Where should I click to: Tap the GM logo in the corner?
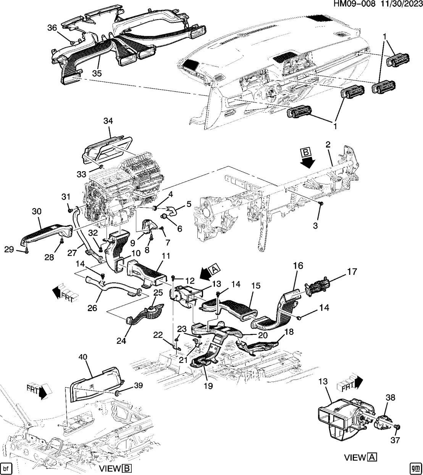[x=415, y=468]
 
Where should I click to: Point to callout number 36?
[x=52, y=28]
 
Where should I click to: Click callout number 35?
[x=97, y=73]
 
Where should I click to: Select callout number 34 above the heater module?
[x=108, y=121]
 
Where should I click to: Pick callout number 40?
[x=83, y=357]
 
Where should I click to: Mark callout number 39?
[x=138, y=385]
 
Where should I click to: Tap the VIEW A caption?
[x=361, y=457]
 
